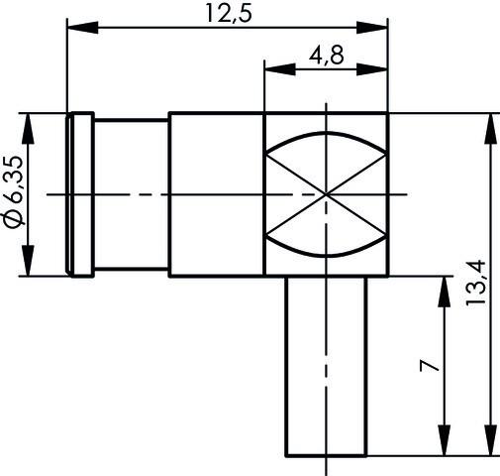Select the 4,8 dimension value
pyautogui.click(x=326, y=57)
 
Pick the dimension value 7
pyautogui.click(x=425, y=367)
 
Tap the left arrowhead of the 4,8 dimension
pyautogui.click(x=273, y=69)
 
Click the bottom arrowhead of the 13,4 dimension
pyautogui.click(x=488, y=447)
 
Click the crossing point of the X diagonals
pyautogui.click(x=327, y=193)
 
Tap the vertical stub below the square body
pyautogui.click(x=327, y=367)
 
